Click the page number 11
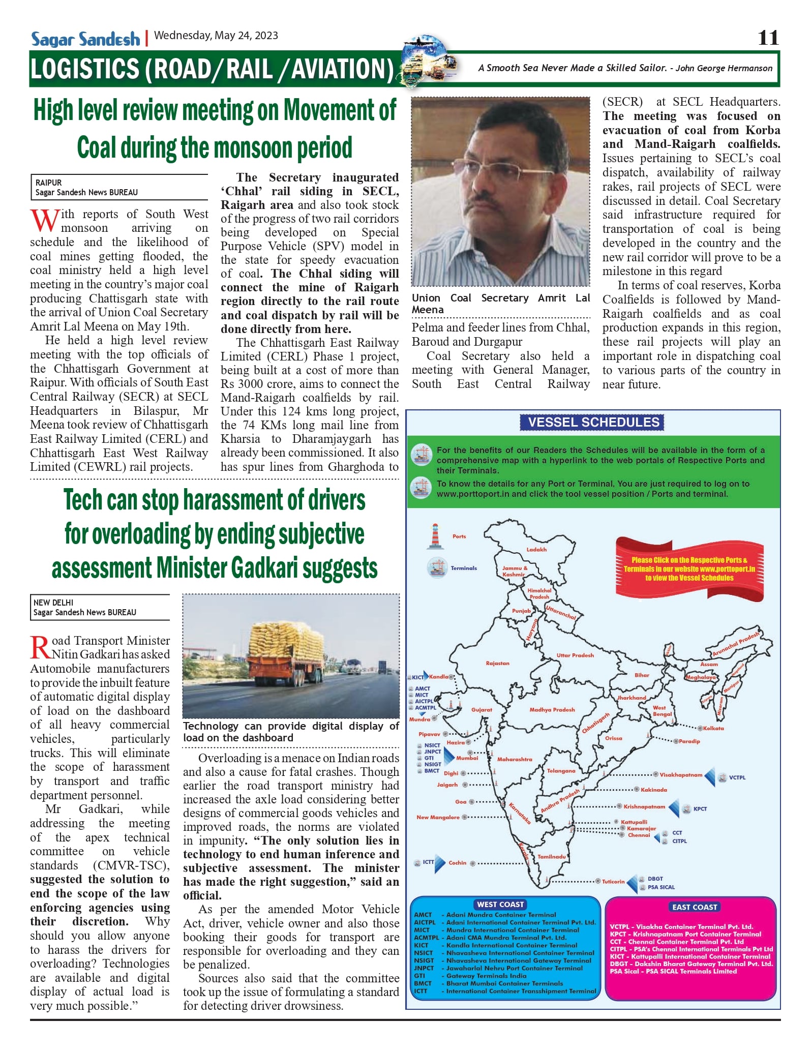click(768, 38)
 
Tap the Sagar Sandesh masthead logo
click(85, 39)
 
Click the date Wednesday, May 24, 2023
click(216, 36)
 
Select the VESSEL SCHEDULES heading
click(593, 423)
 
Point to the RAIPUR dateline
click(49, 183)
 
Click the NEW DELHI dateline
click(53, 603)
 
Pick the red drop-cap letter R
click(41, 648)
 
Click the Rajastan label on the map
click(497, 664)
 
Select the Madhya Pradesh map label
click(552, 710)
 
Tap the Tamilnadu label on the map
click(552, 857)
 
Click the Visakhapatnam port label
click(681, 775)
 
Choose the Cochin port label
click(457, 863)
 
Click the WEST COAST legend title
click(500, 905)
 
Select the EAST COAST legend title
click(695, 907)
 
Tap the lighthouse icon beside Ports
click(435, 536)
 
